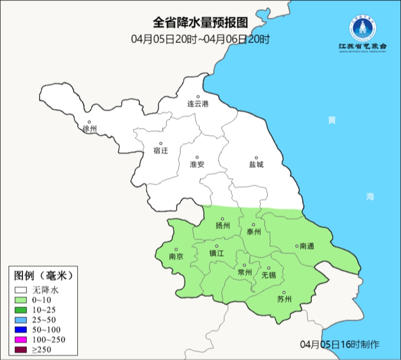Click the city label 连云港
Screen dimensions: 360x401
coord(198,104)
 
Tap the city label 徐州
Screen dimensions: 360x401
coord(90,129)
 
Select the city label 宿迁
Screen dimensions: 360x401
coord(160,150)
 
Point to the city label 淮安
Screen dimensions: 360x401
coord(197,164)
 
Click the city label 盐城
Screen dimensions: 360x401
coord(256,165)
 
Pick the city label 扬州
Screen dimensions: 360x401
coord(223,226)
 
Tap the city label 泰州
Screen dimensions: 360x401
coord(254,232)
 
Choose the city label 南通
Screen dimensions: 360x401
coord(307,246)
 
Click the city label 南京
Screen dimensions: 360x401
coord(176,257)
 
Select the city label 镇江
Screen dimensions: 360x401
coord(217,253)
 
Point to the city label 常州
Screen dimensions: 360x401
coord(245,272)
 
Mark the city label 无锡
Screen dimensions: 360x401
coord(269,275)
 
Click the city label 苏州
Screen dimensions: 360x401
coord(284,299)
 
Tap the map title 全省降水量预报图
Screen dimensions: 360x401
coord(200,23)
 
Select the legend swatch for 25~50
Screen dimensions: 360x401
coord(21,319)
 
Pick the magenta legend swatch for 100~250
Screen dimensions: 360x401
coord(21,339)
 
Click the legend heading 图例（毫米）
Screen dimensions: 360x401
coord(43,276)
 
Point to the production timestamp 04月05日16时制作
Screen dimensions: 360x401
coord(340,344)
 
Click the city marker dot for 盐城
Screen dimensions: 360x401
coord(256,158)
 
